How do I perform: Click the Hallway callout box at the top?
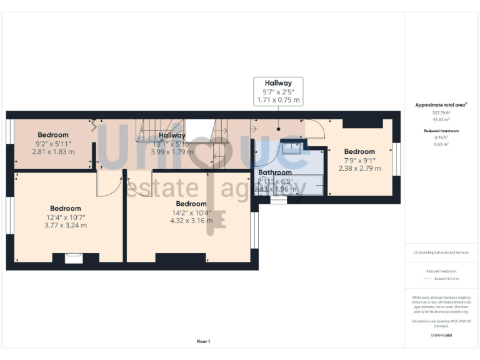pyautogui.click(x=278, y=91)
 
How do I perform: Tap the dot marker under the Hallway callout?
pyautogui.click(x=278, y=127)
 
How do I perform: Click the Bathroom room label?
pyautogui.click(x=275, y=172)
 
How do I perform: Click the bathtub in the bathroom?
pyautogui.click(x=289, y=186)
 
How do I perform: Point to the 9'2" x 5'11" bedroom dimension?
pyautogui.click(x=53, y=143)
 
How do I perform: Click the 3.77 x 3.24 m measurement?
pyautogui.click(x=66, y=225)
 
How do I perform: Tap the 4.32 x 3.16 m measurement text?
pyautogui.click(x=191, y=220)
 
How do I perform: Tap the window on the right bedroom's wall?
pyautogui.click(x=395, y=160)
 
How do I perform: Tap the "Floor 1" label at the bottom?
pyautogui.click(x=204, y=341)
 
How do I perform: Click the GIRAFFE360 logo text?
pyautogui.click(x=441, y=336)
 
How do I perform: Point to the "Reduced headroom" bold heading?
pyautogui.click(x=441, y=131)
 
